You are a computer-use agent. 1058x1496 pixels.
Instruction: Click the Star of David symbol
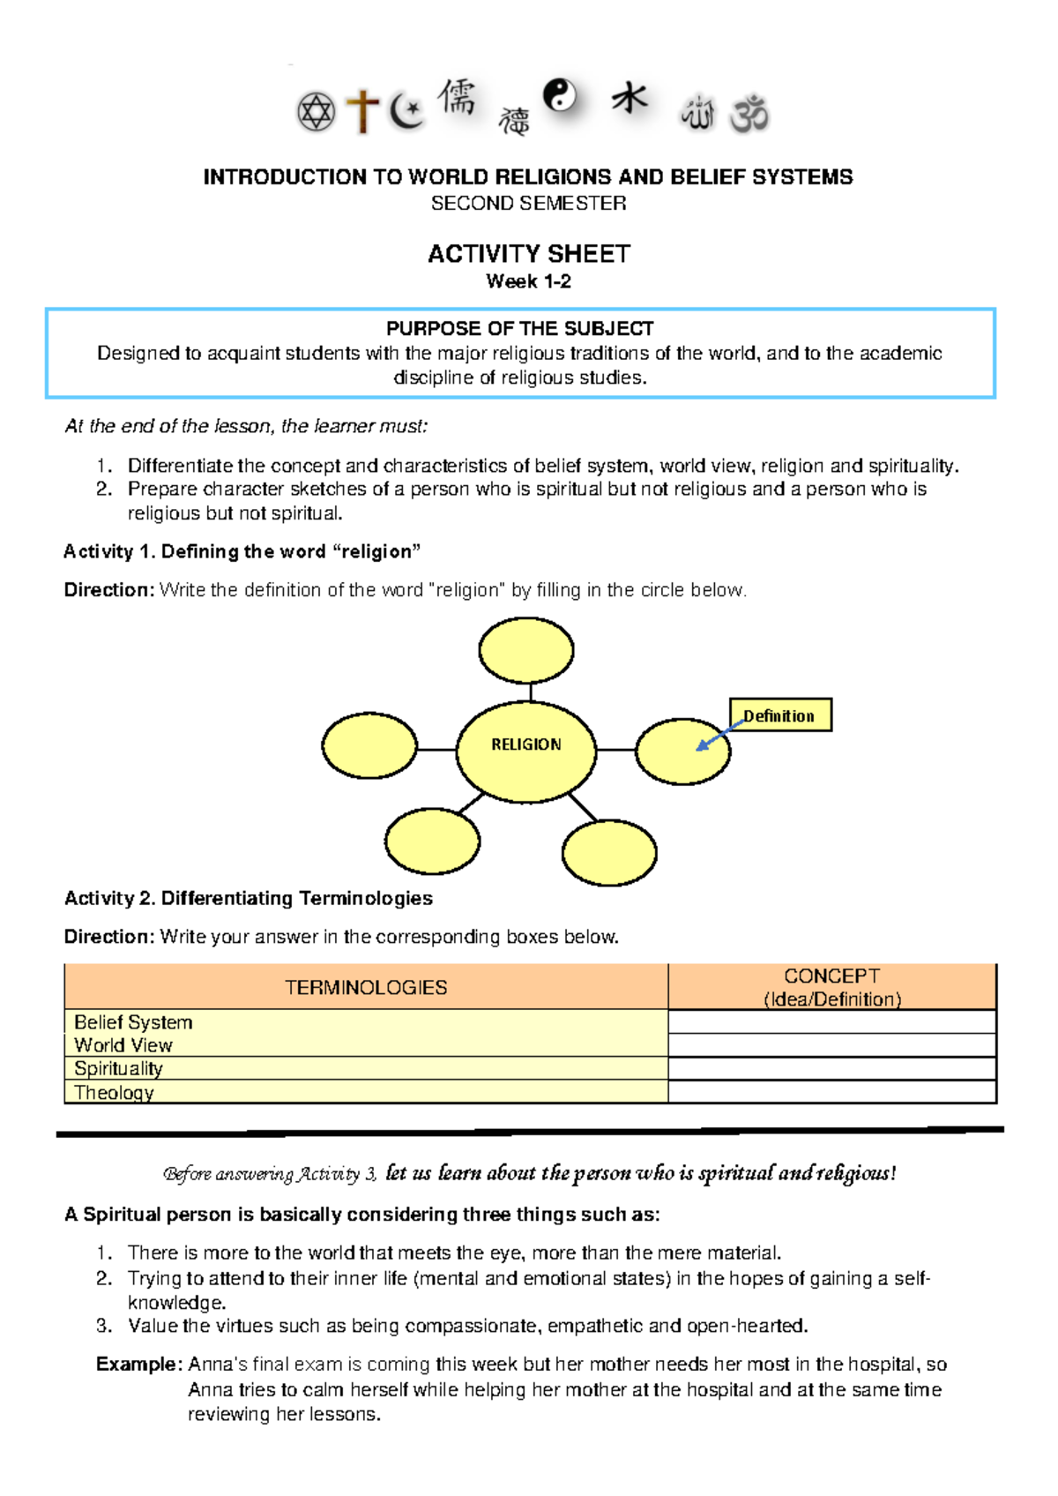click(316, 113)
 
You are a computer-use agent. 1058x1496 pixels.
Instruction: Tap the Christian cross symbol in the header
click(362, 112)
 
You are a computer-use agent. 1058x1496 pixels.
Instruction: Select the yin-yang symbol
click(560, 95)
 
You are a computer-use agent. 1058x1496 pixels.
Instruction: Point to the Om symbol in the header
click(749, 114)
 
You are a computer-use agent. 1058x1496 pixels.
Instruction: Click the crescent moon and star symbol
click(406, 112)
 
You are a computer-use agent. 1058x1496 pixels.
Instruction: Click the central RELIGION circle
click(526, 752)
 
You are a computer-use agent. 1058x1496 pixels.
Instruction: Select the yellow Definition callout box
click(780, 715)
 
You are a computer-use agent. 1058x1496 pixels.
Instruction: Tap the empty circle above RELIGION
click(526, 651)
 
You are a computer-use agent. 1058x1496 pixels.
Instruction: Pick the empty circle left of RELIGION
click(369, 745)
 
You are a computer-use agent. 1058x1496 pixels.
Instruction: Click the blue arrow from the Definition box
click(719, 735)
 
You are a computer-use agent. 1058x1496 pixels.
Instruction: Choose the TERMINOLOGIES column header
click(366, 987)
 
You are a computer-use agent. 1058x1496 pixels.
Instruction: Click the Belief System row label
click(133, 1022)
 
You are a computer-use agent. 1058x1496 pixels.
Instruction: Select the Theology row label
click(114, 1092)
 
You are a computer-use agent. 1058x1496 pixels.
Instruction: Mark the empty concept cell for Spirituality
click(831, 1068)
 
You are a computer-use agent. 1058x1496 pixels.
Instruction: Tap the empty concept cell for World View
click(831, 1045)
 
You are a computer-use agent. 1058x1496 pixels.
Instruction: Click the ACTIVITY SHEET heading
click(529, 254)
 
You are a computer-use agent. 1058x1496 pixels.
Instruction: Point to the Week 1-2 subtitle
click(529, 281)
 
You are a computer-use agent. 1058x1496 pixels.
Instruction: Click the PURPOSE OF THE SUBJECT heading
click(520, 329)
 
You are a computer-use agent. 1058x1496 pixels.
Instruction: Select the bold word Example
click(138, 1365)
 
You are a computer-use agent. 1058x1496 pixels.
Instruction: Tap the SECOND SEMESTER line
click(529, 204)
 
